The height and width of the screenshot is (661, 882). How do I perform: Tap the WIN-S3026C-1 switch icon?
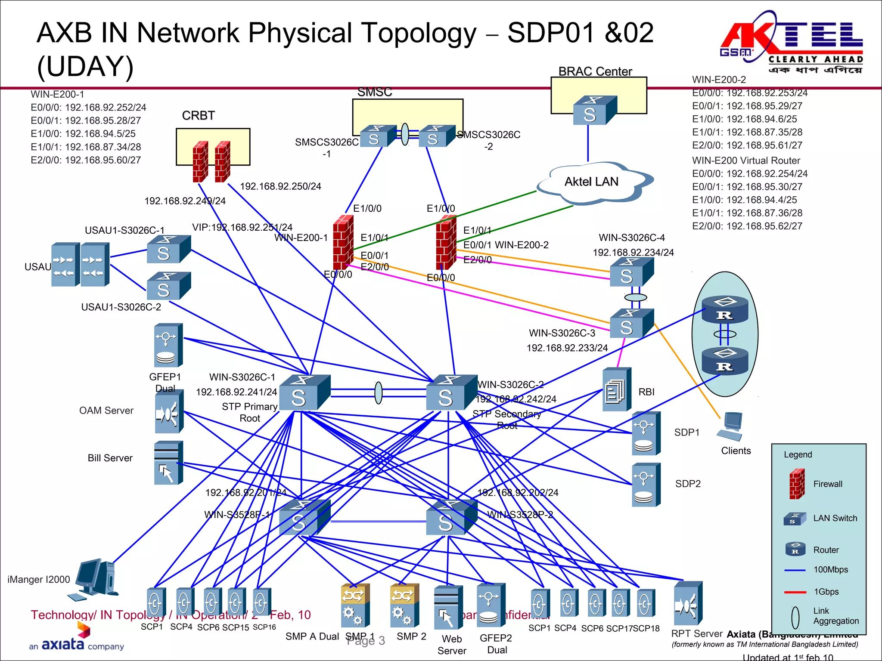pyautogui.click(x=304, y=393)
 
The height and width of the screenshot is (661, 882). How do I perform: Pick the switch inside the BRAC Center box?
pyautogui.click(x=594, y=111)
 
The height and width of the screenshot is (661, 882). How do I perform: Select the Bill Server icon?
pyautogui.click(x=168, y=463)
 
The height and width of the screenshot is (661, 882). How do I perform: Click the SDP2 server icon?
pyautogui.click(x=646, y=485)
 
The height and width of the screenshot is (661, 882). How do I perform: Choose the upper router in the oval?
pyautogui.click(x=725, y=309)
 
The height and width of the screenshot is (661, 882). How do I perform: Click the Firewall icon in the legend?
pyautogui.click(x=797, y=484)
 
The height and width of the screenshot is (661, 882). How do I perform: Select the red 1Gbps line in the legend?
pyautogui.click(x=795, y=592)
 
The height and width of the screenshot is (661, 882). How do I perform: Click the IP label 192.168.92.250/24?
pyautogui.click(x=280, y=186)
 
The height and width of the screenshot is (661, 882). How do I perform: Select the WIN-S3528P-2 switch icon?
pyautogui.click(x=451, y=518)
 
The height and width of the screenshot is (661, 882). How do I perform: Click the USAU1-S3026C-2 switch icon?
pyautogui.click(x=168, y=286)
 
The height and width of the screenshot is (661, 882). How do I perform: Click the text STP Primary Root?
pyautogui.click(x=249, y=412)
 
